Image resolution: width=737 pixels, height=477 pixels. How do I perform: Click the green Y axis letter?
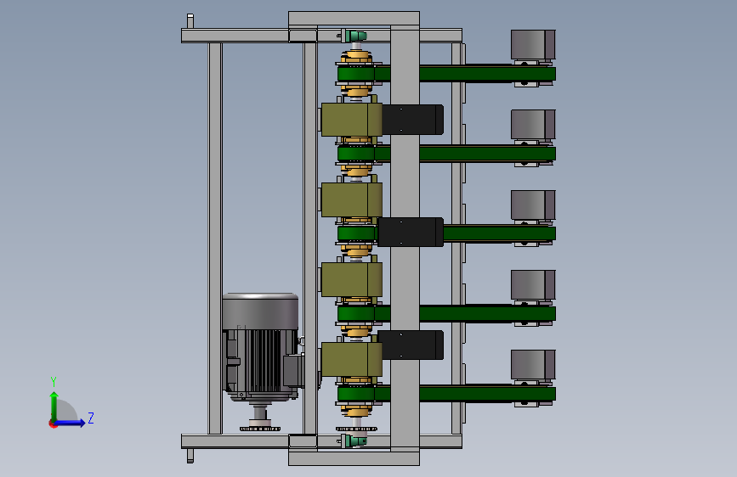point(54,381)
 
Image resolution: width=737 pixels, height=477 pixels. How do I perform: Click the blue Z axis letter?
point(91,418)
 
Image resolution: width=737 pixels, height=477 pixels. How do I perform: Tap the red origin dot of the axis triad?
point(53,424)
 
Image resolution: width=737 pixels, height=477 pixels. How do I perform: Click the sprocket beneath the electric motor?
point(260,428)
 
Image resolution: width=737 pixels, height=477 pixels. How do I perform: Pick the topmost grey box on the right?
point(533,45)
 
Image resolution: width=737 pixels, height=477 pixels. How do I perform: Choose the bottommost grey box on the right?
point(533,365)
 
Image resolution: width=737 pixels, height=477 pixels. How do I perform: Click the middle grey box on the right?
point(533,205)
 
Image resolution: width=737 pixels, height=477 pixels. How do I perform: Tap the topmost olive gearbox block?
point(352,120)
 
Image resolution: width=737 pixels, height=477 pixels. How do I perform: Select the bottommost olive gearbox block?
point(352,359)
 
